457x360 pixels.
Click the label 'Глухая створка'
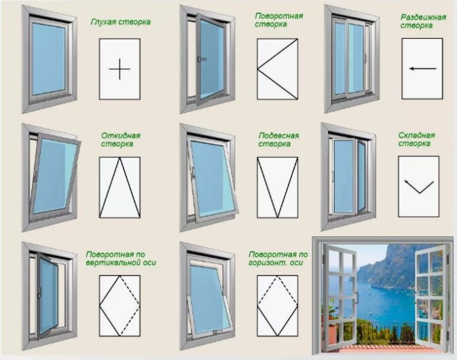point(121,22)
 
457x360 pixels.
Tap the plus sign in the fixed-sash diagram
point(120,69)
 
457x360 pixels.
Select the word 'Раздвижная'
point(423,17)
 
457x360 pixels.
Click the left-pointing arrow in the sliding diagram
point(422,69)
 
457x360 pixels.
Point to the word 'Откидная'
point(121,136)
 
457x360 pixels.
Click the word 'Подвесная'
point(278,136)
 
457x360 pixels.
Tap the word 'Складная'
point(416,135)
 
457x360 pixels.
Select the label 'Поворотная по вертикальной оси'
point(121,259)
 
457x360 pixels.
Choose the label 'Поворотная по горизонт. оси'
point(278,259)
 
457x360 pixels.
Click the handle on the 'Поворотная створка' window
point(200,59)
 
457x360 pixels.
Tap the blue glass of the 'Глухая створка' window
point(48,59)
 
